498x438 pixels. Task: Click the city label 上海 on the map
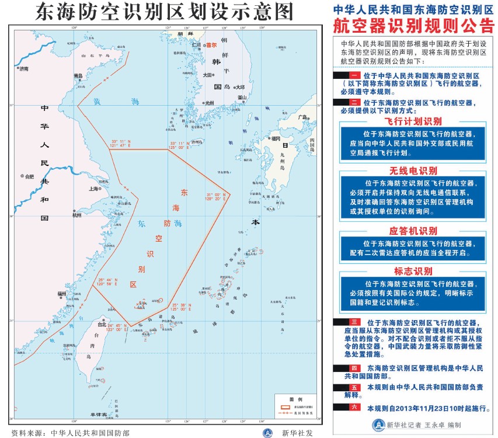coord(93,189)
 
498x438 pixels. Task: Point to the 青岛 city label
coord(78,76)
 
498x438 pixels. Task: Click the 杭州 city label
coord(77,215)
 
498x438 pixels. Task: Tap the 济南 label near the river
coord(24,68)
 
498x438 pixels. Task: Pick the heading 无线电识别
coord(412,171)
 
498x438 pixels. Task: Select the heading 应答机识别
coord(412,231)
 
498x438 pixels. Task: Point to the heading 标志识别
coord(412,271)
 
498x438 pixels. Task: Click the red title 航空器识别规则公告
coord(412,26)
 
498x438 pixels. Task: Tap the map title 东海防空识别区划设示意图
coord(165,12)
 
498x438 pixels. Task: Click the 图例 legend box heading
coord(296,397)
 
